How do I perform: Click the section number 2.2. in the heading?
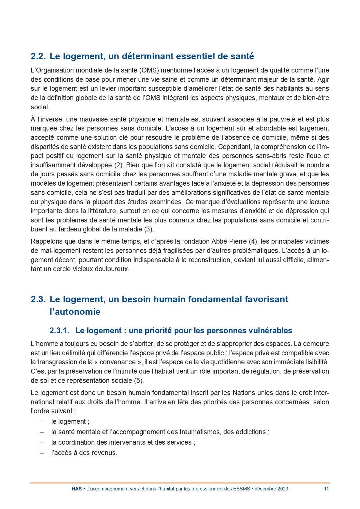click(x=38, y=56)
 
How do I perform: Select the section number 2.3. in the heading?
click(x=38, y=299)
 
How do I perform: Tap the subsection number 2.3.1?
click(x=59, y=331)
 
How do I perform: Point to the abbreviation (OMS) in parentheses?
click(x=149, y=70)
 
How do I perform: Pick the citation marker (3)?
click(x=149, y=229)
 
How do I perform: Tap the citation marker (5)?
click(x=139, y=381)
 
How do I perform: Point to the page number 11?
click(x=326, y=489)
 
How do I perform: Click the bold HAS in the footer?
click(x=77, y=489)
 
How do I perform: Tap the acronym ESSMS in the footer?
click(x=241, y=489)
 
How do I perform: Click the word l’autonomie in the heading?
click(x=75, y=312)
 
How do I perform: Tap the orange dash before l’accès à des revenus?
click(x=42, y=453)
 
